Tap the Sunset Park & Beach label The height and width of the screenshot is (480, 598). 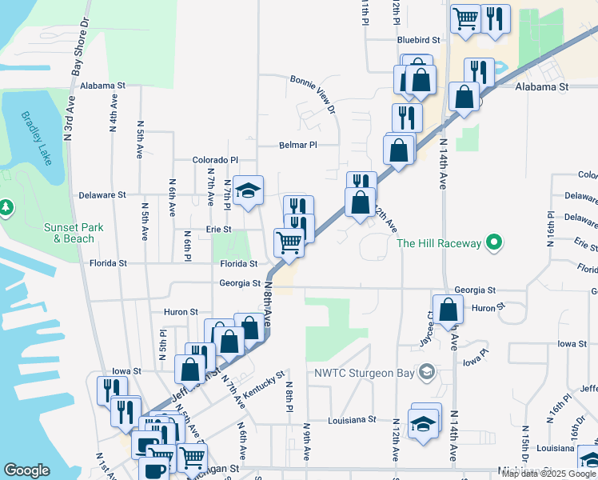(x=73, y=233)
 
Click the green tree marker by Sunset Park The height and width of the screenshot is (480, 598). (x=6, y=209)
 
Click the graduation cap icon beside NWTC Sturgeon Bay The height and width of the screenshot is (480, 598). (x=428, y=371)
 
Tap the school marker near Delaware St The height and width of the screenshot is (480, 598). (x=248, y=190)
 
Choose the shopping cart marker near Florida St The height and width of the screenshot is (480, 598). (x=289, y=241)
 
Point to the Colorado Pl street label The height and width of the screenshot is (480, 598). (x=216, y=160)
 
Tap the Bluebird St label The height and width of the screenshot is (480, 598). (x=419, y=39)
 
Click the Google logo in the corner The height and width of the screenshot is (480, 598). (x=26, y=470)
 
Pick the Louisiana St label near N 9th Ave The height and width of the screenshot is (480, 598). (x=352, y=419)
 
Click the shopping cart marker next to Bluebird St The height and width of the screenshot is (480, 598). (x=465, y=18)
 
